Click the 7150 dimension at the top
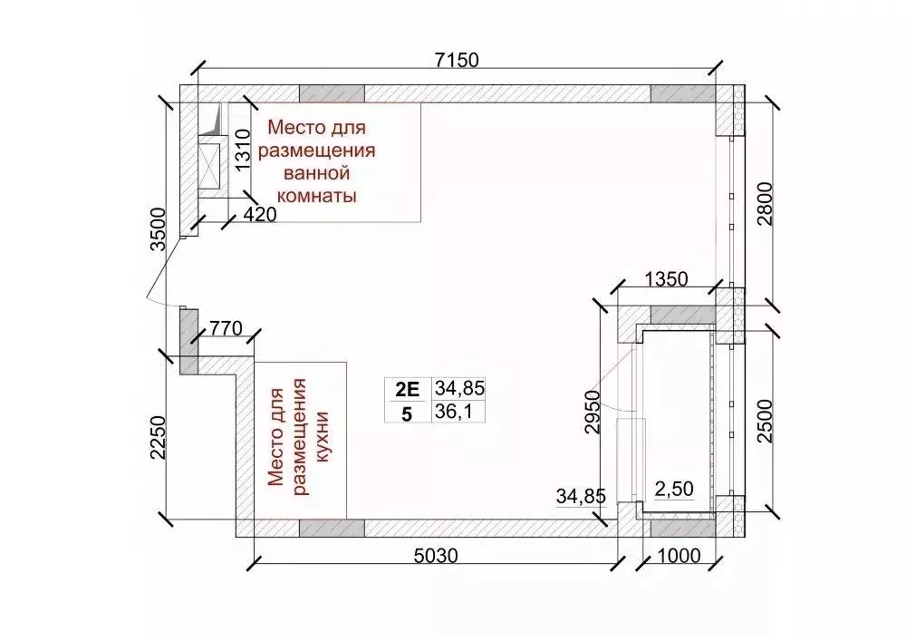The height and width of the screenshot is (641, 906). [457, 60]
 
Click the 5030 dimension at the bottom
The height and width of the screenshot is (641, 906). [436, 556]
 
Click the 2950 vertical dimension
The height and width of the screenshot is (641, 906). [592, 413]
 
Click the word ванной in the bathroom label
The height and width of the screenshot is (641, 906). [316, 173]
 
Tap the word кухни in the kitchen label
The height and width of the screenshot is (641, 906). [322, 433]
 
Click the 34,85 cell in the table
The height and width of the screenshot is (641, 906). [460, 389]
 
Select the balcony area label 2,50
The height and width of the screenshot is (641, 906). [673, 489]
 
